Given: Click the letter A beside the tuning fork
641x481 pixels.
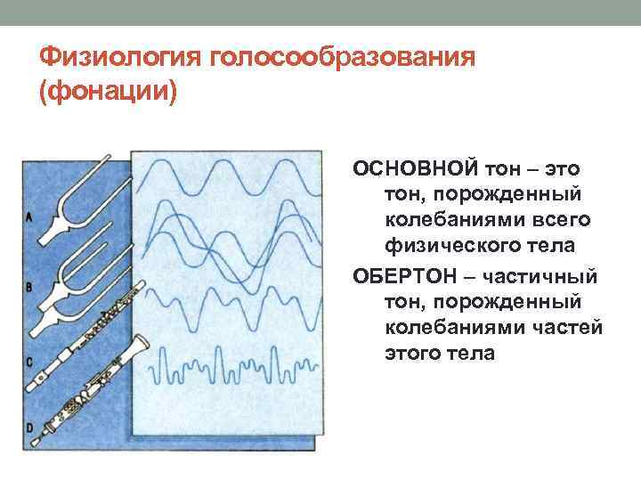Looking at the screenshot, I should (29, 216).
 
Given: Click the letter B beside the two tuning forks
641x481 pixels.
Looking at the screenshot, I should (29, 287).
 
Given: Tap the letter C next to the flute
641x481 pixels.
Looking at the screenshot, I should (29, 362).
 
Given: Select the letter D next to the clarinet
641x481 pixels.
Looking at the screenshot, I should (29, 429).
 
